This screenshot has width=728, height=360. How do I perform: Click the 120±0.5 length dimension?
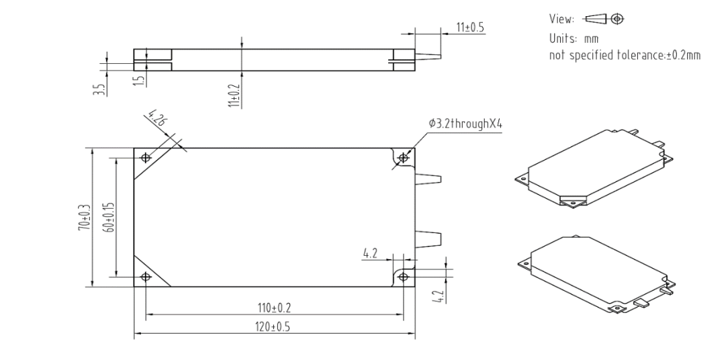click(x=274, y=327)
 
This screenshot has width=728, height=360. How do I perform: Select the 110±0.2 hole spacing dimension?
click(x=274, y=308)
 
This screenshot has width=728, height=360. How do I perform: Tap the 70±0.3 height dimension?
click(x=84, y=217)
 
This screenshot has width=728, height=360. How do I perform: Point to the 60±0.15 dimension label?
click(x=109, y=217)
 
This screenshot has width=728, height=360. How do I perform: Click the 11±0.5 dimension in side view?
click(x=470, y=27)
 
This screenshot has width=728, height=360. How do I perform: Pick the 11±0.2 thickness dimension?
click(x=234, y=95)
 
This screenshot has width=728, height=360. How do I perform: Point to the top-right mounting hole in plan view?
click(x=403, y=158)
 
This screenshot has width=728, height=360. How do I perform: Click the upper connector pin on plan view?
click(x=428, y=180)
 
